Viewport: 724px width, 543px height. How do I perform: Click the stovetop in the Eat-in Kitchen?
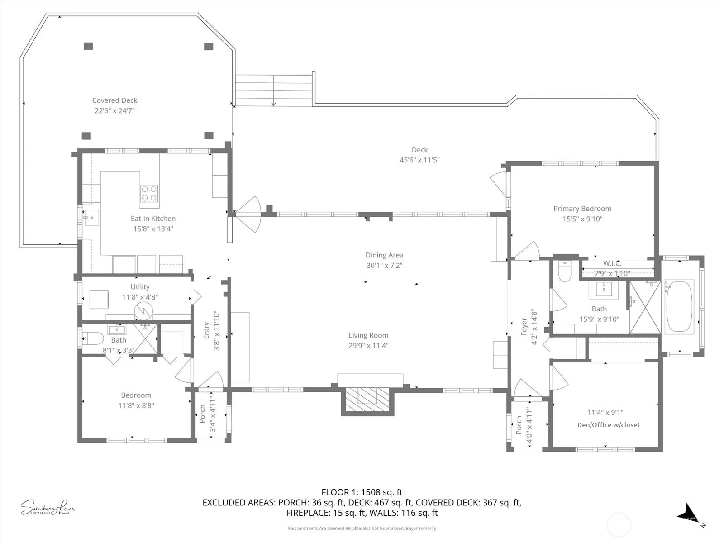[149, 194]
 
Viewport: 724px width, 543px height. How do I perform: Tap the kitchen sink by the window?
[91, 218]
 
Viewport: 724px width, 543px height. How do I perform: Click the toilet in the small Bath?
[93, 338]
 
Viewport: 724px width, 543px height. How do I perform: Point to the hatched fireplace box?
[367, 399]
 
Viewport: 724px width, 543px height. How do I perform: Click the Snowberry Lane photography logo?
[48, 507]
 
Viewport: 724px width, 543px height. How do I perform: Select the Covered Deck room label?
[114, 100]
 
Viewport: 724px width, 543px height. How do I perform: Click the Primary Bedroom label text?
[582, 208]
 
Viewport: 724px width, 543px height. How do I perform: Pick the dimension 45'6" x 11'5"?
[419, 160]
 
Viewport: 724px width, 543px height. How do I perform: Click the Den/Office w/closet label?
[608, 424]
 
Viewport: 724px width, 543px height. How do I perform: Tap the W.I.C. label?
[612, 263]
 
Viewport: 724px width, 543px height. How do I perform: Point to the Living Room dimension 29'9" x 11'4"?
[368, 346]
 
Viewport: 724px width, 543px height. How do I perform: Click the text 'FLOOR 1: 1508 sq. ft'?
[362, 492]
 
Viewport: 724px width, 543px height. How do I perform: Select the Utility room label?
[140, 287]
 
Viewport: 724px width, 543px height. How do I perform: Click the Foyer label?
[524, 326]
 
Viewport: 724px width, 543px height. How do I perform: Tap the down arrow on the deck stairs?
[273, 90]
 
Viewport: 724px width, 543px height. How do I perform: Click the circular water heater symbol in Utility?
[143, 310]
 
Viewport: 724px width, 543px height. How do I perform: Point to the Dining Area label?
[384, 255]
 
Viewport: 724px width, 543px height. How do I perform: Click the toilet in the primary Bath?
[565, 271]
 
